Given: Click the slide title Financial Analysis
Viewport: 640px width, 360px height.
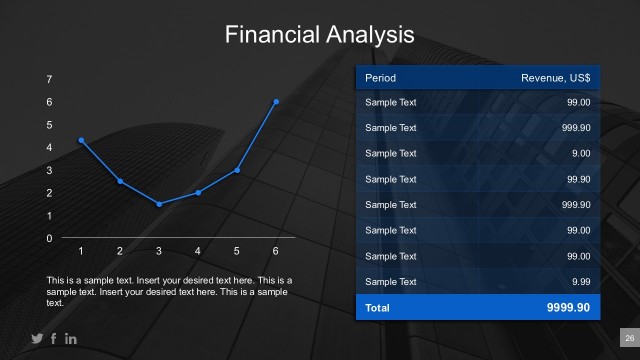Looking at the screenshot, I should [x=319, y=35].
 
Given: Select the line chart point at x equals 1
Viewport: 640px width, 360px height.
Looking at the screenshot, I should [x=81, y=140].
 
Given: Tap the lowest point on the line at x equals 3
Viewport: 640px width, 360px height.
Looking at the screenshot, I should [x=159, y=204].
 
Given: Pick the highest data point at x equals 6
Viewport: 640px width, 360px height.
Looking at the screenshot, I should [x=276, y=101].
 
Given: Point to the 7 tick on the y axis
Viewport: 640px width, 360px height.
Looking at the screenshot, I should [x=49, y=79].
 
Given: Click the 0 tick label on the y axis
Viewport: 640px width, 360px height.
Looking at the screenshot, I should [x=49, y=238].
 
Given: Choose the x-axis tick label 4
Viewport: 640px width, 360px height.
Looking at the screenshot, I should [x=198, y=251].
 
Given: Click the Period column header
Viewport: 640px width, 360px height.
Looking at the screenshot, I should [x=381, y=77].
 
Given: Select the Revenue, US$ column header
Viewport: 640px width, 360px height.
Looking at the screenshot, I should [x=555, y=77].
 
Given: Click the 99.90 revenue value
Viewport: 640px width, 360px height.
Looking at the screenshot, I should [x=577, y=179].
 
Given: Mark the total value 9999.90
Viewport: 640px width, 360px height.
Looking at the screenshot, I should [x=568, y=308].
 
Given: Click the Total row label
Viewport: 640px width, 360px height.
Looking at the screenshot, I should [x=378, y=308].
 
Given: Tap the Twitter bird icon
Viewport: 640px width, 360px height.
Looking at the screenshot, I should [x=38, y=339].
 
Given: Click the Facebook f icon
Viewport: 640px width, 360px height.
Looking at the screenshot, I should [x=54, y=339].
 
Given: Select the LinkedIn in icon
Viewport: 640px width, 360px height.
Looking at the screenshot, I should [x=71, y=339].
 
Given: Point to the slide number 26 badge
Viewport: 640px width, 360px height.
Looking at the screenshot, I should [x=629, y=338].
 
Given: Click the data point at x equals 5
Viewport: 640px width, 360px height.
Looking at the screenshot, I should [x=237, y=170].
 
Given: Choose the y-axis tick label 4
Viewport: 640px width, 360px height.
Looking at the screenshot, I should [x=49, y=147].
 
